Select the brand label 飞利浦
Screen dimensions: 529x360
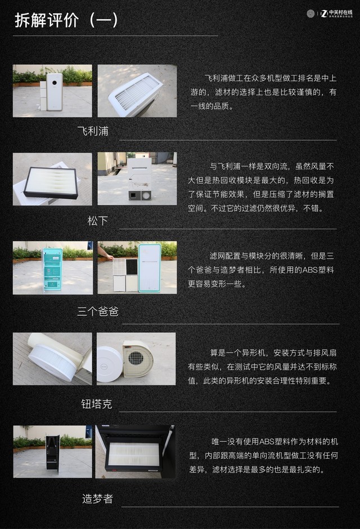pos(93,132)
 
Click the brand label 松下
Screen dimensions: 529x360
pos(97,221)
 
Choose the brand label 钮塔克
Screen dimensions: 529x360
pos(97,404)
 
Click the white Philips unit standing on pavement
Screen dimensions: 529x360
pos(54,91)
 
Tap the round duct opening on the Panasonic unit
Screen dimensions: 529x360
pos(147,195)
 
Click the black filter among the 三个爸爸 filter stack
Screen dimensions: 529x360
pos(132,266)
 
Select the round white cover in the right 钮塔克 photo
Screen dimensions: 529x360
pos(109,360)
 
